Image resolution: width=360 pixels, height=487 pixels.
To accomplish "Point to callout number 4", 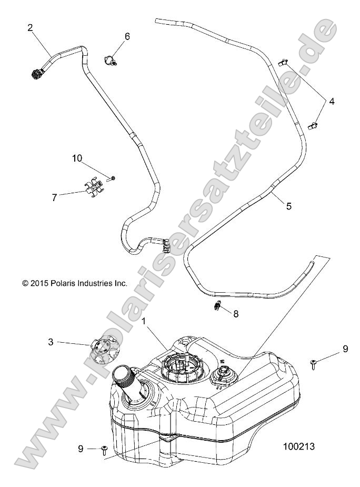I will coord(332,101).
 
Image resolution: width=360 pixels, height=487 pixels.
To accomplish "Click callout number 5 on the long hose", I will coord(288,206).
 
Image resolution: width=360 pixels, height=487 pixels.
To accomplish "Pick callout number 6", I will coord(127,36).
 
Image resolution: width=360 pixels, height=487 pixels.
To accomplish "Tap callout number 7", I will coord(54,197).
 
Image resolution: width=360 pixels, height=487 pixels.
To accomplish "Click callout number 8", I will coord(236,314).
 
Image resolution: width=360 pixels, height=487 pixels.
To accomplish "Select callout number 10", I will coord(78,157).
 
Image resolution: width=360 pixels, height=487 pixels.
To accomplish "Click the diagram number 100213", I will coord(298,446).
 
